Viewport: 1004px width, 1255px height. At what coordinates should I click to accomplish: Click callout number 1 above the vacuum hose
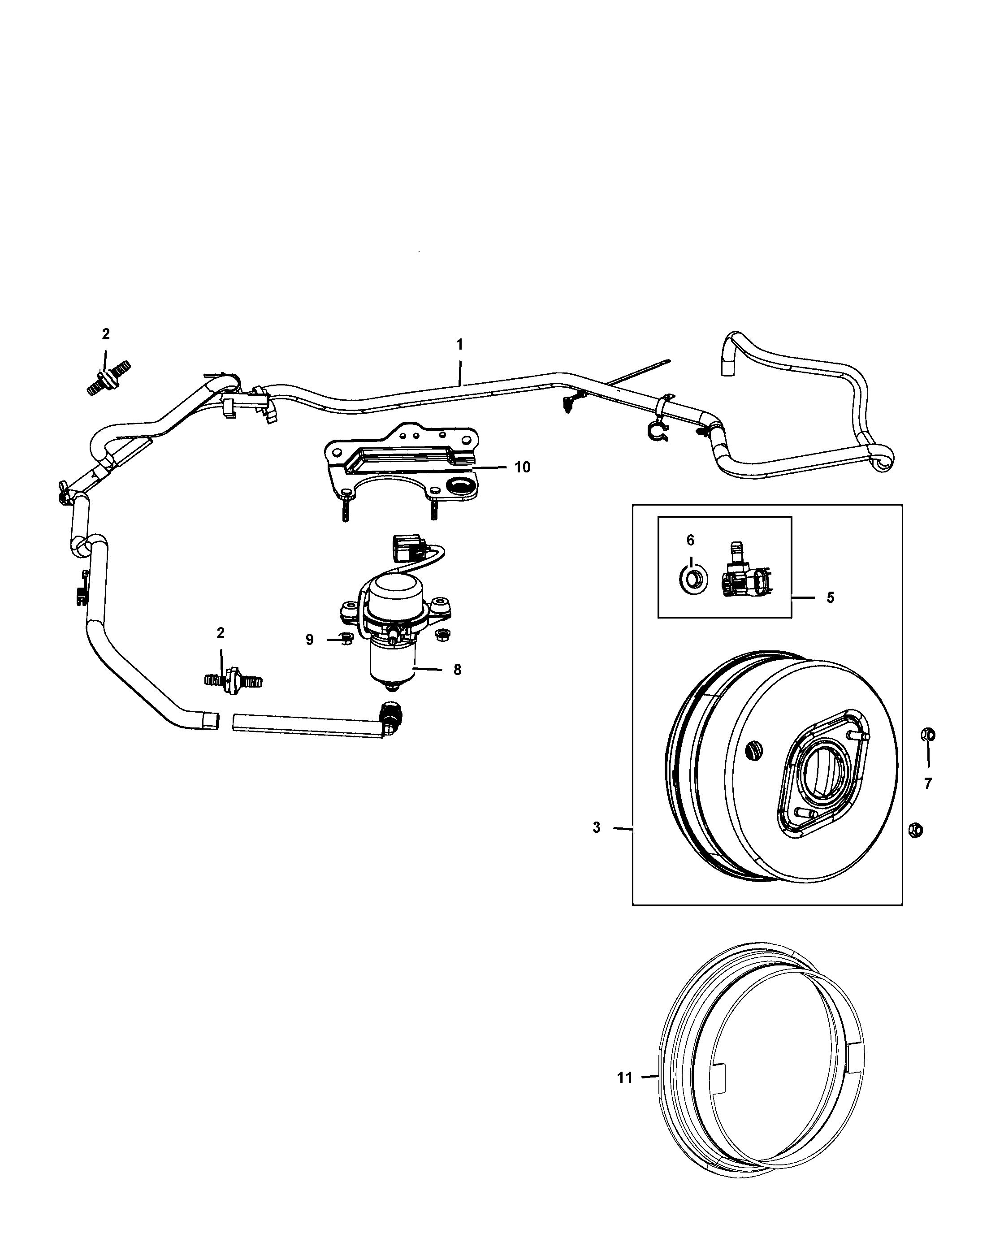point(459,345)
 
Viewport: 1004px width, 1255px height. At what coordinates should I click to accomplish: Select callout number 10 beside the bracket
point(522,467)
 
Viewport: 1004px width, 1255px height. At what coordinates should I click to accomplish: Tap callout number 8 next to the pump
point(458,670)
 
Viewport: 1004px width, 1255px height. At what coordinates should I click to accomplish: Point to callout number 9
point(310,640)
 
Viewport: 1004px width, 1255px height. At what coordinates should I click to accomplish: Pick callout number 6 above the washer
point(690,540)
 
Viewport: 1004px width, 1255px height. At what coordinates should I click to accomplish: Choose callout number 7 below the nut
point(928,783)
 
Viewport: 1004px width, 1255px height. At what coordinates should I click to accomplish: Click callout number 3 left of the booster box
point(597,827)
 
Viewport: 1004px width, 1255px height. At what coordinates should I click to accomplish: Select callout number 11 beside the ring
point(624,1078)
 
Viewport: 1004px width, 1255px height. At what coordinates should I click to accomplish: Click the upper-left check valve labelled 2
point(108,378)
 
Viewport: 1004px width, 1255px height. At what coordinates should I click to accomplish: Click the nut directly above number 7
point(928,735)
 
